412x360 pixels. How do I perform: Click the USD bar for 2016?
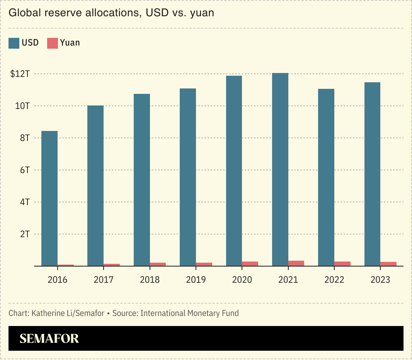(x=49, y=199)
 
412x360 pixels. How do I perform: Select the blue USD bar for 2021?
(x=280, y=170)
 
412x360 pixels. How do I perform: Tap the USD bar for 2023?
(x=373, y=174)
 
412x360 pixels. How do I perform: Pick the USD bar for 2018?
(x=142, y=180)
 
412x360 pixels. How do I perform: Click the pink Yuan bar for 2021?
(x=296, y=263)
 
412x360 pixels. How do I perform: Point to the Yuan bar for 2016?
(x=66, y=265)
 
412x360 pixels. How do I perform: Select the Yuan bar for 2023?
(x=388, y=264)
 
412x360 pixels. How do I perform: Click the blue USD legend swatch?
(x=14, y=43)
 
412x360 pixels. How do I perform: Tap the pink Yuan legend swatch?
(x=53, y=43)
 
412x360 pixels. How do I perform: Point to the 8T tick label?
(x=25, y=138)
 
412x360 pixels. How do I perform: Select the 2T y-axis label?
(x=25, y=234)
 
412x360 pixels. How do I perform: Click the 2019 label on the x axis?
(x=196, y=280)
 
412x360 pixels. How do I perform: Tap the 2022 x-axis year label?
(x=334, y=280)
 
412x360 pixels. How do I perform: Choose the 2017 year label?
(x=104, y=280)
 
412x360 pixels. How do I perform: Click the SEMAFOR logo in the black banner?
(x=49, y=339)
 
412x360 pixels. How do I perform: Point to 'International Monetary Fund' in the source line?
(x=189, y=313)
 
